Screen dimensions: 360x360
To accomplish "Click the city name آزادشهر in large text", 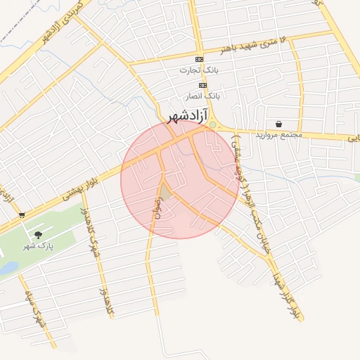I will pos(186,116).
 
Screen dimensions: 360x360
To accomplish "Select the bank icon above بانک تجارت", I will pos(199,59).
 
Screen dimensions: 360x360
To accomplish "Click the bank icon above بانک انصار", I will pos(202,85).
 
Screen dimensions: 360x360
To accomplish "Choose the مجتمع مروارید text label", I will pos(278,134).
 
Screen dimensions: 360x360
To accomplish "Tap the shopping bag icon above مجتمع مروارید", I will pos(279,124).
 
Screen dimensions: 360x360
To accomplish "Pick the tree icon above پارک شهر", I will pos(38,236).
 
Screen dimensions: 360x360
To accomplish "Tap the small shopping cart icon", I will pos(22,214).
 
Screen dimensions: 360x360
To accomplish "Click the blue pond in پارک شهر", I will pos(8,268).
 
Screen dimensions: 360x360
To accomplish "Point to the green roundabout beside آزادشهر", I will pos(212,126).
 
